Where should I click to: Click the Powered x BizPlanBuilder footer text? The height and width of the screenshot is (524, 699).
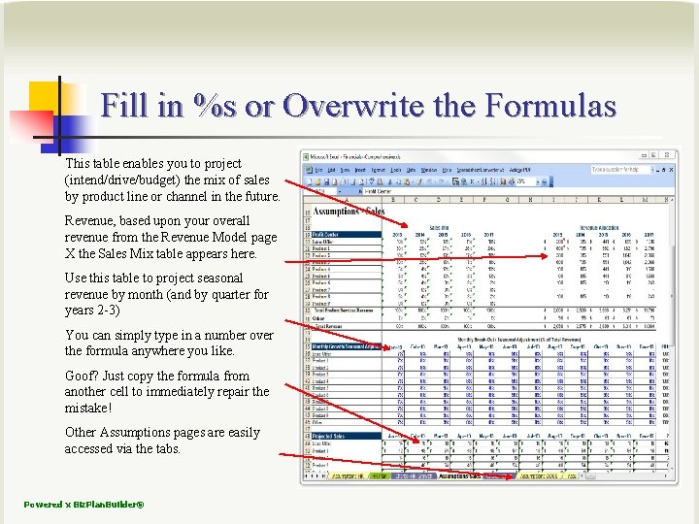(x=84, y=505)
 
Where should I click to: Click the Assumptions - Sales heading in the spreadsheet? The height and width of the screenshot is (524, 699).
(x=349, y=213)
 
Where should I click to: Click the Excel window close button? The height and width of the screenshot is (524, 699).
(x=669, y=155)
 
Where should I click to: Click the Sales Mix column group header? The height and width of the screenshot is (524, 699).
(x=438, y=227)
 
